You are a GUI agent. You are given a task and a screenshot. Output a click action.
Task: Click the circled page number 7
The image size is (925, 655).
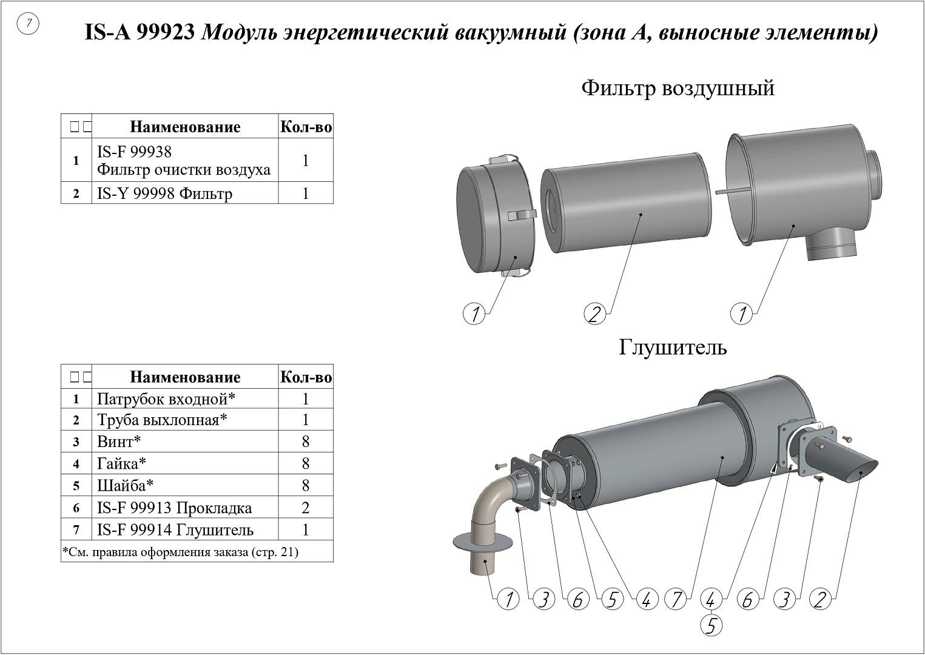coord(28,24)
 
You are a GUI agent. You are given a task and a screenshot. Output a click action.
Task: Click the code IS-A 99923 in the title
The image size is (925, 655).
coord(140,32)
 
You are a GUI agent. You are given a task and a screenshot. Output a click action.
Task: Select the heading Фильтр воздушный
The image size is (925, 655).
coord(678,89)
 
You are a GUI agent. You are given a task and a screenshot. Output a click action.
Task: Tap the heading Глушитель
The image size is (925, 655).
coord(673,348)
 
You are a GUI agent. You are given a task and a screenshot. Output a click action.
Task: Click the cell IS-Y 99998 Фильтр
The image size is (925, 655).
coord(165,193)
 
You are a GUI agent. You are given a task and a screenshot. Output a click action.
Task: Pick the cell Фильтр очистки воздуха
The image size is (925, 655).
coord(184,169)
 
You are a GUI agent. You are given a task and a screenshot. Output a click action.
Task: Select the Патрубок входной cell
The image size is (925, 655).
coord(166,399)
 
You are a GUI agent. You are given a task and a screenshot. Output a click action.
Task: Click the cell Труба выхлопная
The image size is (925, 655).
coord(162,420)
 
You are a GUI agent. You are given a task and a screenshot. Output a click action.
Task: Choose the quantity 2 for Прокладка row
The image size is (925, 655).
coord(306,508)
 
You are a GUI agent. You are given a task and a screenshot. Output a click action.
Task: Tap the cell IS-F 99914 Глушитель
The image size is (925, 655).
coord(175,530)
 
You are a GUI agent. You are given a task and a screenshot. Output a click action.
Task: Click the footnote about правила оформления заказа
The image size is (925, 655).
coord(180,552)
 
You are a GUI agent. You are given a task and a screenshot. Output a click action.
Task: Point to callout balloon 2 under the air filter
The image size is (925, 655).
coord(594,314)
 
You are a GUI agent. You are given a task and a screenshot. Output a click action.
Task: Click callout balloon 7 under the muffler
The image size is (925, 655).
coord(676,599)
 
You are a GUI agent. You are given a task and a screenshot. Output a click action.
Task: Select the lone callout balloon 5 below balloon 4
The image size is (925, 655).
coord(711,625)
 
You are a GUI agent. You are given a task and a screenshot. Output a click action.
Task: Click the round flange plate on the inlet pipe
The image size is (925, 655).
coord(483,542)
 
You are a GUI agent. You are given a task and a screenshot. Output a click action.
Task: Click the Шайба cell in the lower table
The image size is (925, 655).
coord(125,485)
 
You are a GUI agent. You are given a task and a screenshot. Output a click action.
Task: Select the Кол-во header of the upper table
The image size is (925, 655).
coord(306,127)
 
